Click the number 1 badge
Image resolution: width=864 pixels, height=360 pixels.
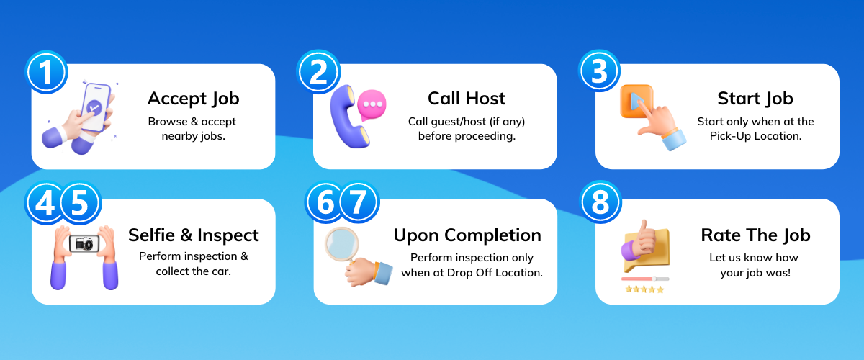coord(46,72)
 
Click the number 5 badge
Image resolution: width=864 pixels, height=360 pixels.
coord(80,203)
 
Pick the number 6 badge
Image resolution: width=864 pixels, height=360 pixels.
coord(325,203)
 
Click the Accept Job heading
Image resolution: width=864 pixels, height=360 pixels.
coord(193,98)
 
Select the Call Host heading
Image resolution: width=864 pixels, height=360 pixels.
coord(467,98)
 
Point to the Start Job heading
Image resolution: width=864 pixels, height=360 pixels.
coord(755,98)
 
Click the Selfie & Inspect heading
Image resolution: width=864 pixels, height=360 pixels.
coord(193,235)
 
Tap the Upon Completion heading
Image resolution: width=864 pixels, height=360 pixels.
coord(467,235)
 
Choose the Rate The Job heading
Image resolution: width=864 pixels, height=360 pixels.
coord(755,235)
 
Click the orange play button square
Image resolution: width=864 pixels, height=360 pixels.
coord(635,102)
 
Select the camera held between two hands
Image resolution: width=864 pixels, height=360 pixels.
coord(84,244)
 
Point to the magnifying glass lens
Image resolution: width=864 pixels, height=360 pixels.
coord(341,245)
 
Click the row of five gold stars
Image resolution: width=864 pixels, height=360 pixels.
coord(644,289)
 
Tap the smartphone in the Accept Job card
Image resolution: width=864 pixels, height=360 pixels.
coord(95,108)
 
